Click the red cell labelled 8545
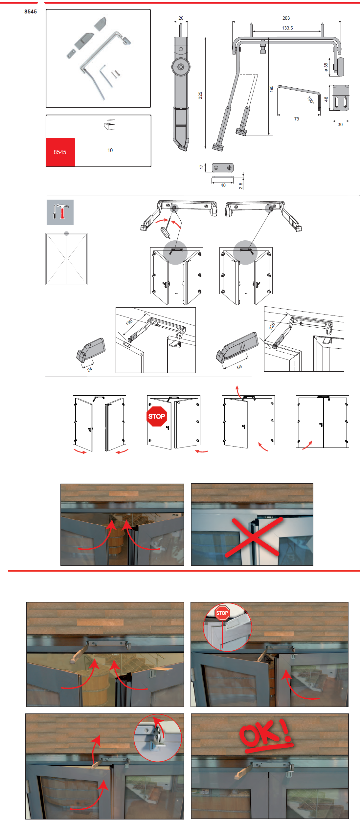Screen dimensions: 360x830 (60, 152)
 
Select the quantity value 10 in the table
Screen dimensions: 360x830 (110, 150)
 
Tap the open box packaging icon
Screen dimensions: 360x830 (110, 125)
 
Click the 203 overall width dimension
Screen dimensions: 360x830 (286, 18)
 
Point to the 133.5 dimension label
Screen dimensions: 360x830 (287, 28)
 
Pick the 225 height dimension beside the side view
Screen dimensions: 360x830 (200, 96)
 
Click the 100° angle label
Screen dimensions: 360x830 (311, 100)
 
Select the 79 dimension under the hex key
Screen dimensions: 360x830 (297, 119)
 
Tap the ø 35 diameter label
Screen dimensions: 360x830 (326, 67)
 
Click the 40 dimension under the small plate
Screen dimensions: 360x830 (223, 185)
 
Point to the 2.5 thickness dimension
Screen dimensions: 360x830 (241, 186)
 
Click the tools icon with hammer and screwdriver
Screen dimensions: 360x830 (60, 212)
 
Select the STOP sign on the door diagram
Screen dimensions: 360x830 (157, 416)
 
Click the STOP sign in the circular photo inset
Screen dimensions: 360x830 (222, 613)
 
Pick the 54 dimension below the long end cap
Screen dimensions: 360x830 (239, 367)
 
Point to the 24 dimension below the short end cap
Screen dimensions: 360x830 (90, 369)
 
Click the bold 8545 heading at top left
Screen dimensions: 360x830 (31, 11)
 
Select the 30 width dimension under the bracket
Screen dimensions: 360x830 (340, 124)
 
